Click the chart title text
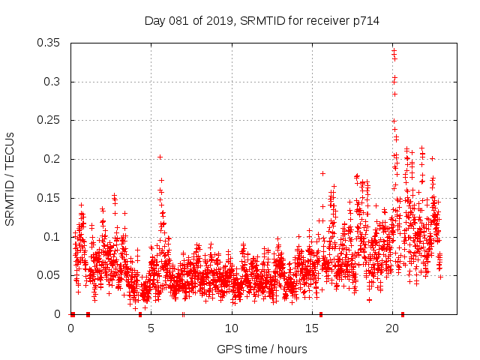pyautogui.click(x=261, y=21)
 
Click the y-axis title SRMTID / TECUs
pyautogui.click(x=10, y=178)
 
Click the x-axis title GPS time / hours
pyautogui.click(x=261, y=349)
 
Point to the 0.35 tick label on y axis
pyautogui.click(x=49, y=43)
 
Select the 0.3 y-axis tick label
pyautogui.click(x=52, y=82)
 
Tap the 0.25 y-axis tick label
pyautogui.click(x=49, y=120)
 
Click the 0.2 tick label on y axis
pyautogui.click(x=52, y=159)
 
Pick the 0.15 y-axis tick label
pyautogui.click(x=49, y=198)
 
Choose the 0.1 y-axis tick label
pyautogui.click(x=52, y=237)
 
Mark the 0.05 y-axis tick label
pyautogui.click(x=49, y=275)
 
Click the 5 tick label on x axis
pyautogui.click(x=151, y=328)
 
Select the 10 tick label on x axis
pyautogui.click(x=232, y=328)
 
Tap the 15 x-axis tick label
pyautogui.click(x=312, y=328)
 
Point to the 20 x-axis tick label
pyautogui.click(x=392, y=328)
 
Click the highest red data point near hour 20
pyautogui.click(x=394, y=51)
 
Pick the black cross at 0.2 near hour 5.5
pyautogui.click(x=160, y=157)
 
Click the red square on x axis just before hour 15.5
pyautogui.click(x=321, y=314)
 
